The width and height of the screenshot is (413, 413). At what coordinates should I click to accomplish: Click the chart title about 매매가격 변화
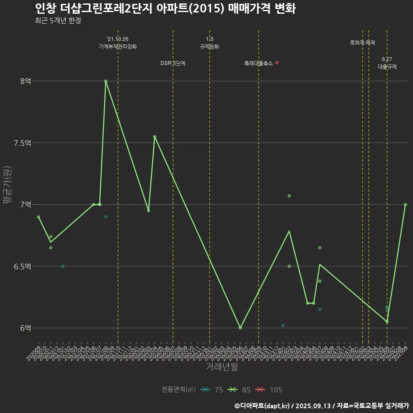tap(165, 9)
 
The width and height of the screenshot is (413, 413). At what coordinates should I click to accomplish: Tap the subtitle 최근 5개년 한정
tap(58, 21)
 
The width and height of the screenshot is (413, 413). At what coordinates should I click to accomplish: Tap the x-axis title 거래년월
tap(222, 367)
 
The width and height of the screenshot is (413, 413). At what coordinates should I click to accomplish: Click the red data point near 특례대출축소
tap(277, 62)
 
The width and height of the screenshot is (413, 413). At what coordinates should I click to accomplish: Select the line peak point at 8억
tap(106, 81)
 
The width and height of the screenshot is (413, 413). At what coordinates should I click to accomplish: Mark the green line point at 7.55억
tap(154, 136)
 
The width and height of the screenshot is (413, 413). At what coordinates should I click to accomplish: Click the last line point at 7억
tap(405, 204)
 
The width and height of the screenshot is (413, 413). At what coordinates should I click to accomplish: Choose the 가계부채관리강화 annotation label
tap(118, 46)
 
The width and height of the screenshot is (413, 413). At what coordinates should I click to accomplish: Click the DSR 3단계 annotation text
tap(173, 63)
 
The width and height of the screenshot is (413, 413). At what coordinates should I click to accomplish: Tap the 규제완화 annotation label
tap(210, 46)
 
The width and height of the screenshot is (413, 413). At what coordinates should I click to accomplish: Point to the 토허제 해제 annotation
tap(362, 43)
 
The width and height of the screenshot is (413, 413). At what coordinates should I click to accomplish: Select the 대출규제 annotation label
tap(387, 67)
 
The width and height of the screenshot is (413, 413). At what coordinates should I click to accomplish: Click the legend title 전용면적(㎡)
tap(179, 390)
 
